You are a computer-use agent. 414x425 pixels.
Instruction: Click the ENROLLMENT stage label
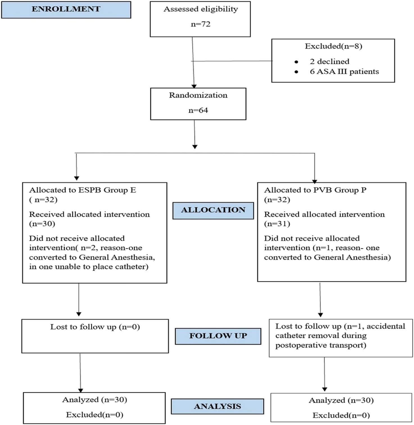[x=66, y=9]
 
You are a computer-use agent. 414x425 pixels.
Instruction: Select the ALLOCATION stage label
[x=213, y=210]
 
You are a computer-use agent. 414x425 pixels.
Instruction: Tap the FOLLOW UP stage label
[x=218, y=336]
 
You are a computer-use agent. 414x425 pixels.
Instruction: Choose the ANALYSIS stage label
[x=217, y=406]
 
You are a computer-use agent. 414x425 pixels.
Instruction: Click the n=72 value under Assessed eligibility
[x=200, y=24]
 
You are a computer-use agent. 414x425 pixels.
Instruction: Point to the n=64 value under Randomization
[x=198, y=110]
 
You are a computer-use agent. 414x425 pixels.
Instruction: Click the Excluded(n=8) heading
[x=333, y=46]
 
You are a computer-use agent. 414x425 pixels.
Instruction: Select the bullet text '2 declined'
[x=329, y=61]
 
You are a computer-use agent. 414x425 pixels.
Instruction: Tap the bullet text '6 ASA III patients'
[x=344, y=71]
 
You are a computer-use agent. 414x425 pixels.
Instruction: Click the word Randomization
[x=198, y=95]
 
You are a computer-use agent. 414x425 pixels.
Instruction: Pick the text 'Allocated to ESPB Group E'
[x=82, y=190]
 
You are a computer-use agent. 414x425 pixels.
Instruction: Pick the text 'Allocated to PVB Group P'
[x=315, y=190]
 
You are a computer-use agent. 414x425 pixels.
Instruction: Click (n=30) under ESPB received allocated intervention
[x=42, y=224]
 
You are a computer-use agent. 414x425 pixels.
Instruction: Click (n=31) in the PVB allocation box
[x=277, y=224]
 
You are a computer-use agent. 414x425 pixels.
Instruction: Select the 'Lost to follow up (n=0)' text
[x=95, y=327]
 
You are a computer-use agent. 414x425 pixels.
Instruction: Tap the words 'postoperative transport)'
[x=320, y=345]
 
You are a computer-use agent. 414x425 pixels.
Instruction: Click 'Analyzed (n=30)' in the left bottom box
[x=94, y=400]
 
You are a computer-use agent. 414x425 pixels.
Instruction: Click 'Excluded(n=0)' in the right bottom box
[x=341, y=415]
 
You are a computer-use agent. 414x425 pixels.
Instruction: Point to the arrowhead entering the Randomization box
[x=194, y=86]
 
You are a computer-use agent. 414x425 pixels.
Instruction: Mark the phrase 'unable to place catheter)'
[x=101, y=267]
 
